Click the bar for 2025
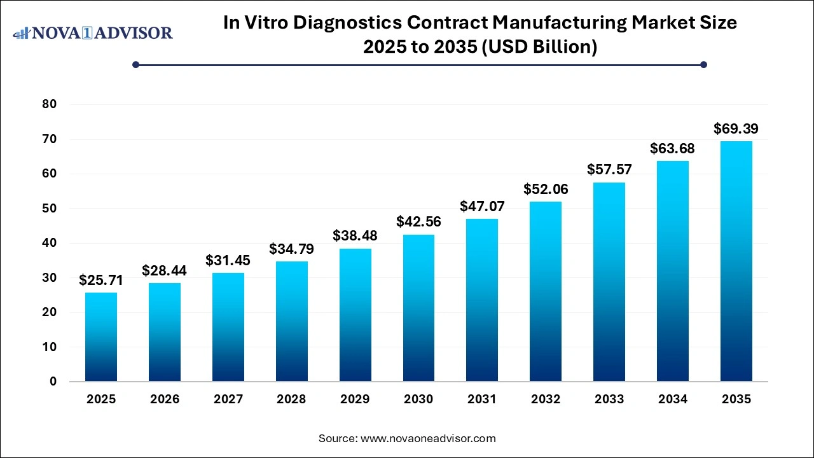click(101, 337)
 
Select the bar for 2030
click(418, 308)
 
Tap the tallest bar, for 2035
click(736, 261)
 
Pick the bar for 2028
click(291, 321)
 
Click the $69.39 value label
click(736, 129)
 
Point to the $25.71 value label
click(101, 280)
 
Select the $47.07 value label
click(482, 206)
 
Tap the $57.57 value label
click(609, 170)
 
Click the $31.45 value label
click(228, 260)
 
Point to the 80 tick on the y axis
click(49, 104)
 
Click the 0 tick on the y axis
click(53, 382)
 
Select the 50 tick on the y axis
click(49, 209)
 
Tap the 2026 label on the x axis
click(165, 399)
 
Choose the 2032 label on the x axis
click(546, 399)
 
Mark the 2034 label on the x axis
click(673, 399)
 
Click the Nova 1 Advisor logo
click(93, 32)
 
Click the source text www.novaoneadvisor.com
click(428, 438)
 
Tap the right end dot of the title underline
click(703, 64)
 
